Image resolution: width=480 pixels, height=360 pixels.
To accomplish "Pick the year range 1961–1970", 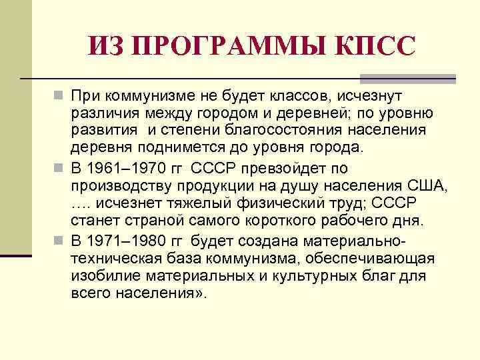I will coord(126,168).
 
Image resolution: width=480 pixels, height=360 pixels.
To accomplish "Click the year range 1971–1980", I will coord(126,240).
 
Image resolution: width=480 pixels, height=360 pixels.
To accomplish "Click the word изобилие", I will coord(104,275).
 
